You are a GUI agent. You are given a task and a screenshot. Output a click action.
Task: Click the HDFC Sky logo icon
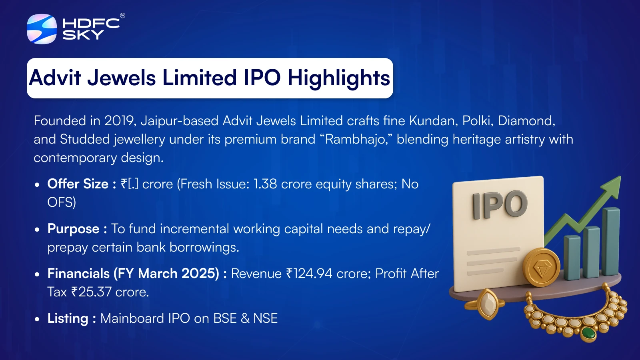pos(42,29)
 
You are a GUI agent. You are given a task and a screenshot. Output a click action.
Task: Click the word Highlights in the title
pos(338,78)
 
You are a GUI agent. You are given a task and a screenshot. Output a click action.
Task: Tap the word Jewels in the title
pos(122,78)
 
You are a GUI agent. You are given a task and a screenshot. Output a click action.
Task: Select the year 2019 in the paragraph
pos(119,121)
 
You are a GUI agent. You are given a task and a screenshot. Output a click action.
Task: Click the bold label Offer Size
pos(78,184)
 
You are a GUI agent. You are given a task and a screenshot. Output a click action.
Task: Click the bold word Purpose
pos(74,229)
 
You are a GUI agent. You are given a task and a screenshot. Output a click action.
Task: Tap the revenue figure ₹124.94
pos(309,274)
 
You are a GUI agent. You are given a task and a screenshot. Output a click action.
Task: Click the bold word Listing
pos(68,318)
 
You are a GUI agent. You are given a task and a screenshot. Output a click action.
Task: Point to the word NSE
pos(265,318)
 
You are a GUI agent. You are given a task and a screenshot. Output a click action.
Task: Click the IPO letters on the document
pos(500,205)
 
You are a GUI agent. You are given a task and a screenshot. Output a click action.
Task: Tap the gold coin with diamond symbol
pos(541,268)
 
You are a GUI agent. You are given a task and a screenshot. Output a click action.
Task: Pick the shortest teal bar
pos(572,257)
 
